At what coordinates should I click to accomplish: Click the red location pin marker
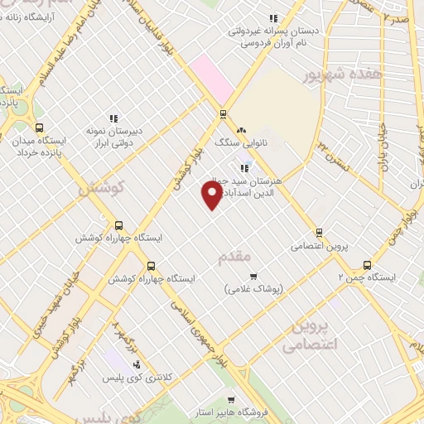212,195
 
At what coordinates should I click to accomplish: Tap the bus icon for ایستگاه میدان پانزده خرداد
39,128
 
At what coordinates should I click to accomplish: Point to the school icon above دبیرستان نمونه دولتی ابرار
113,118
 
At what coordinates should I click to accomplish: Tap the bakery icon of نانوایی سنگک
241,130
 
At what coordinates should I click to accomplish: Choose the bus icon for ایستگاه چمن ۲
367,265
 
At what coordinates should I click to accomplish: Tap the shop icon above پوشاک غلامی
253,277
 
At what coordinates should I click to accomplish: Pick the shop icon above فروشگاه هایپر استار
242,398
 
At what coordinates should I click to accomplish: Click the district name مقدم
233,258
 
